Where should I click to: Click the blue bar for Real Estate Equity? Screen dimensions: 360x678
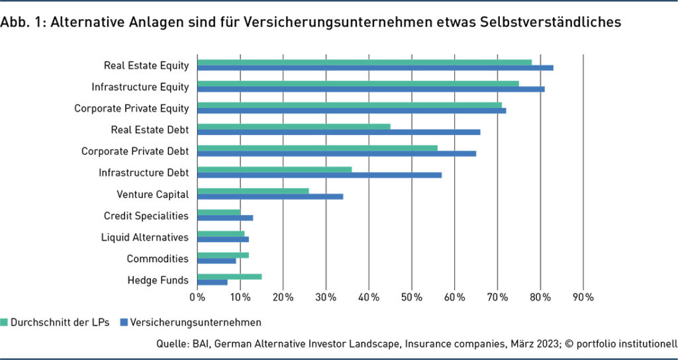tap(375, 67)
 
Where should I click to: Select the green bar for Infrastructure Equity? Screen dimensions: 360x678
tap(358, 83)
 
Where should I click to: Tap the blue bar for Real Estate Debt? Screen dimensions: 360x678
tap(338, 132)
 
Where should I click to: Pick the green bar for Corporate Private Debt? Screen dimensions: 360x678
tap(317, 148)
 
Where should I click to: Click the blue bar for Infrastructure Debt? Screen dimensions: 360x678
tap(319, 175)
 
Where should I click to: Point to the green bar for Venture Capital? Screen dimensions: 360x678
tap(253, 191)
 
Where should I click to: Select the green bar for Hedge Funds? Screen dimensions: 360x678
tap(229, 277)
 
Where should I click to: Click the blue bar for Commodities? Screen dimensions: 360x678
tap(217, 261)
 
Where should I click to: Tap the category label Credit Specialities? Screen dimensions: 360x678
tap(146, 216)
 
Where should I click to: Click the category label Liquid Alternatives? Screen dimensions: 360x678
tap(144, 237)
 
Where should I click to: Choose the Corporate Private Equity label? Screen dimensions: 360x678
tap(131, 109)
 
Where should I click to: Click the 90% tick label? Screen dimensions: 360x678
tap(583, 298)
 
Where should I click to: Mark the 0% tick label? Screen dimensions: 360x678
tap(197, 298)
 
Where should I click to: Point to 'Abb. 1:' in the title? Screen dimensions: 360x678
tap(22, 22)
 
